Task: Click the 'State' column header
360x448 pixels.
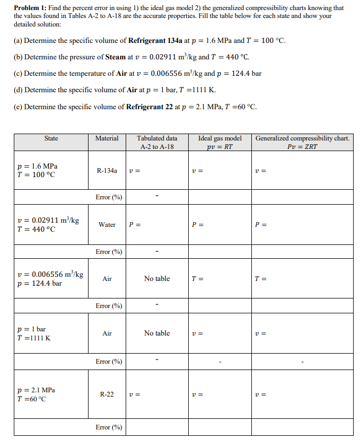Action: tap(51, 138)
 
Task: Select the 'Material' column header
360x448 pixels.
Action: tap(107, 138)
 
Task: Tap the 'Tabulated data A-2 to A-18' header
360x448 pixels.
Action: tap(157, 142)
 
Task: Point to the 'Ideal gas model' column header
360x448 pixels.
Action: tap(219, 138)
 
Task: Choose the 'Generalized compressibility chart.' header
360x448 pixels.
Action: tap(302, 138)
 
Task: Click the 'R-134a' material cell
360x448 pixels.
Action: tap(107, 170)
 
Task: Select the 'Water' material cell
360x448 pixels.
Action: tap(107, 224)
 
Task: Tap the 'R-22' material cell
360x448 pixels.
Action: tap(107, 394)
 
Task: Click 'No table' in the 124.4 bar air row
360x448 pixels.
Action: tap(157, 278)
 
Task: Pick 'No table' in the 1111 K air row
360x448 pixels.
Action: tap(157, 333)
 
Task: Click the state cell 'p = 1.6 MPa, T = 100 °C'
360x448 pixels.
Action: tap(37, 171)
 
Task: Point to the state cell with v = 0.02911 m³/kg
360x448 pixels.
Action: tap(48, 224)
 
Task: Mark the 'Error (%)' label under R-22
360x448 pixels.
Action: tap(109, 427)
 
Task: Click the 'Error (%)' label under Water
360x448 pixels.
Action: tap(109, 251)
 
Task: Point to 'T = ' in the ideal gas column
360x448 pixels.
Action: tap(197, 279)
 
